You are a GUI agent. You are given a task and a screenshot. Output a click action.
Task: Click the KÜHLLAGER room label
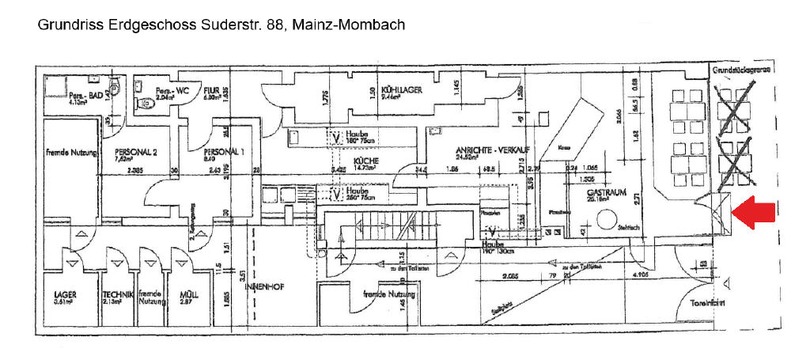click(x=401, y=90)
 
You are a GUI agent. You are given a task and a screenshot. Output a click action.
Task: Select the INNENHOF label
click(x=263, y=286)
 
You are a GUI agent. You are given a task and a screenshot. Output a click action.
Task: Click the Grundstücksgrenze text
click(x=742, y=70)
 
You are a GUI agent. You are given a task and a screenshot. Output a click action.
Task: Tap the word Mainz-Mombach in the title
click(x=348, y=25)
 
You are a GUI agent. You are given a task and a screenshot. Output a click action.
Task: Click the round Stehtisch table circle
click(x=611, y=224)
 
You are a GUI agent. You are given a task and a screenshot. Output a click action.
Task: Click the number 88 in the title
click(x=274, y=25)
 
